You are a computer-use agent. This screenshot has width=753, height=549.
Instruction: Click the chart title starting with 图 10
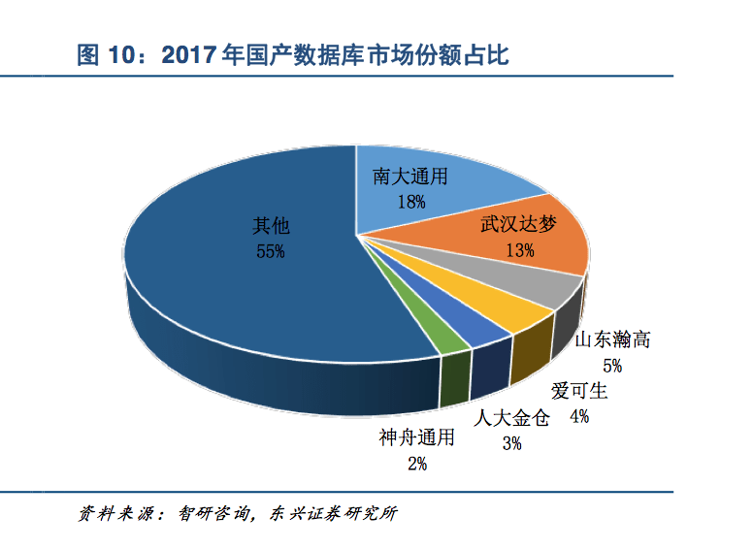click(292, 54)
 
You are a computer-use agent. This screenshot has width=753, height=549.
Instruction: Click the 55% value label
click(270, 251)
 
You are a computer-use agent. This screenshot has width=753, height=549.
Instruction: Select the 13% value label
click(520, 250)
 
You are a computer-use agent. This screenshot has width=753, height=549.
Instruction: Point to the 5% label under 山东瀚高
click(611, 366)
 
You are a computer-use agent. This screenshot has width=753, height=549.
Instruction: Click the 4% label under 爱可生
click(579, 416)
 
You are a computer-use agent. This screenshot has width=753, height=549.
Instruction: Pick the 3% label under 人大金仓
click(511, 443)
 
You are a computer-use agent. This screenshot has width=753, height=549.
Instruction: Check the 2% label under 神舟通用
click(417, 464)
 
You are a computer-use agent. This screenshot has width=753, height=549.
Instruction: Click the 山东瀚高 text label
click(611, 340)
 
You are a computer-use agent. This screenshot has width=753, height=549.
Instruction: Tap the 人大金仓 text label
click(511, 419)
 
